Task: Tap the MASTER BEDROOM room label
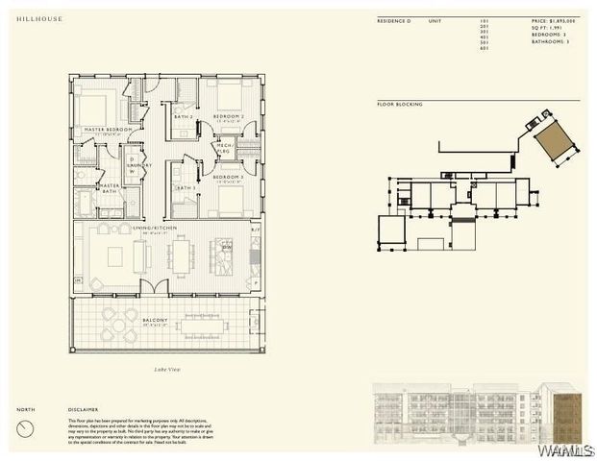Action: [107, 130]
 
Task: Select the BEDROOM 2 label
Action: [229, 116]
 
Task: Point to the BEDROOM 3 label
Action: [228, 177]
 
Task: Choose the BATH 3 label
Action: [185, 187]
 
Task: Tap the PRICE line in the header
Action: [553, 20]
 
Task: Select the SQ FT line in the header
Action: [549, 29]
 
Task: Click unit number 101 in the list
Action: [483, 20]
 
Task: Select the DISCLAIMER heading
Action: [83, 410]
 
